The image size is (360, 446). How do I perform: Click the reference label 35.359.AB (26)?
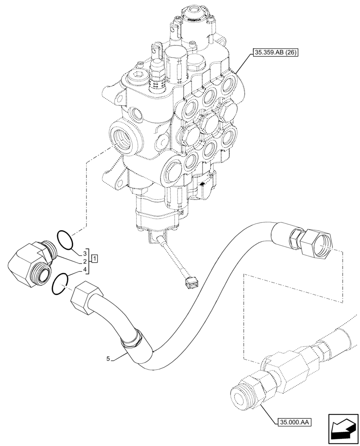274,53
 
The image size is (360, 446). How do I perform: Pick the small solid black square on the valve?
202,184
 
